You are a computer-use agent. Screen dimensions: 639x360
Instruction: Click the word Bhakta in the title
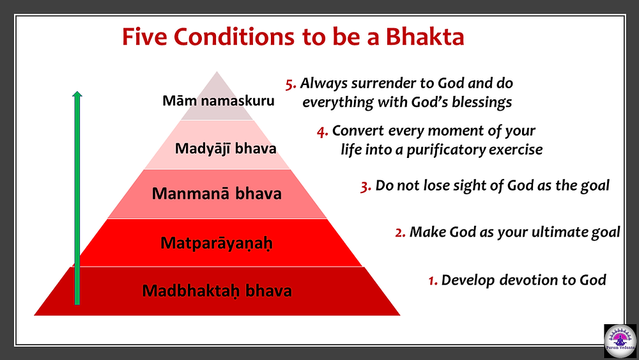425,36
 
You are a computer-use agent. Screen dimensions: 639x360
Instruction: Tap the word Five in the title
144,36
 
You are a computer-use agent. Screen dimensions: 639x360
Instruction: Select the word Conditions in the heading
235,36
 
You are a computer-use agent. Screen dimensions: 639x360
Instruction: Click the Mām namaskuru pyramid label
219,100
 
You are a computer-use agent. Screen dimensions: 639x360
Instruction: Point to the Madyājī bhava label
226,148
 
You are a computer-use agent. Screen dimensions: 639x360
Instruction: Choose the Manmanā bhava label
217,193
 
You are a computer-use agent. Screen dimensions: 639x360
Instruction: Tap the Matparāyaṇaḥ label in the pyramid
217,244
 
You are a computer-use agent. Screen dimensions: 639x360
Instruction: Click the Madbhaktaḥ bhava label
217,291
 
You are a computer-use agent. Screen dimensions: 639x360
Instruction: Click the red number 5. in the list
291,84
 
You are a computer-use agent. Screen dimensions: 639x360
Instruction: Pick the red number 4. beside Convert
322,132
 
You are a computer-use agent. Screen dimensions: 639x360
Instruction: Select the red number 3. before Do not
366,187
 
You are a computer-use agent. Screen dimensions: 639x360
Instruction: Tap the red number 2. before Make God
400,233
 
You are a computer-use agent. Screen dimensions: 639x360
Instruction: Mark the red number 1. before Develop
433,281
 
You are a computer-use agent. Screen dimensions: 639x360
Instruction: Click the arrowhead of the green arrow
77,94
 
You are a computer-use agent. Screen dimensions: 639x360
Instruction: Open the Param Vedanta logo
620,340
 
